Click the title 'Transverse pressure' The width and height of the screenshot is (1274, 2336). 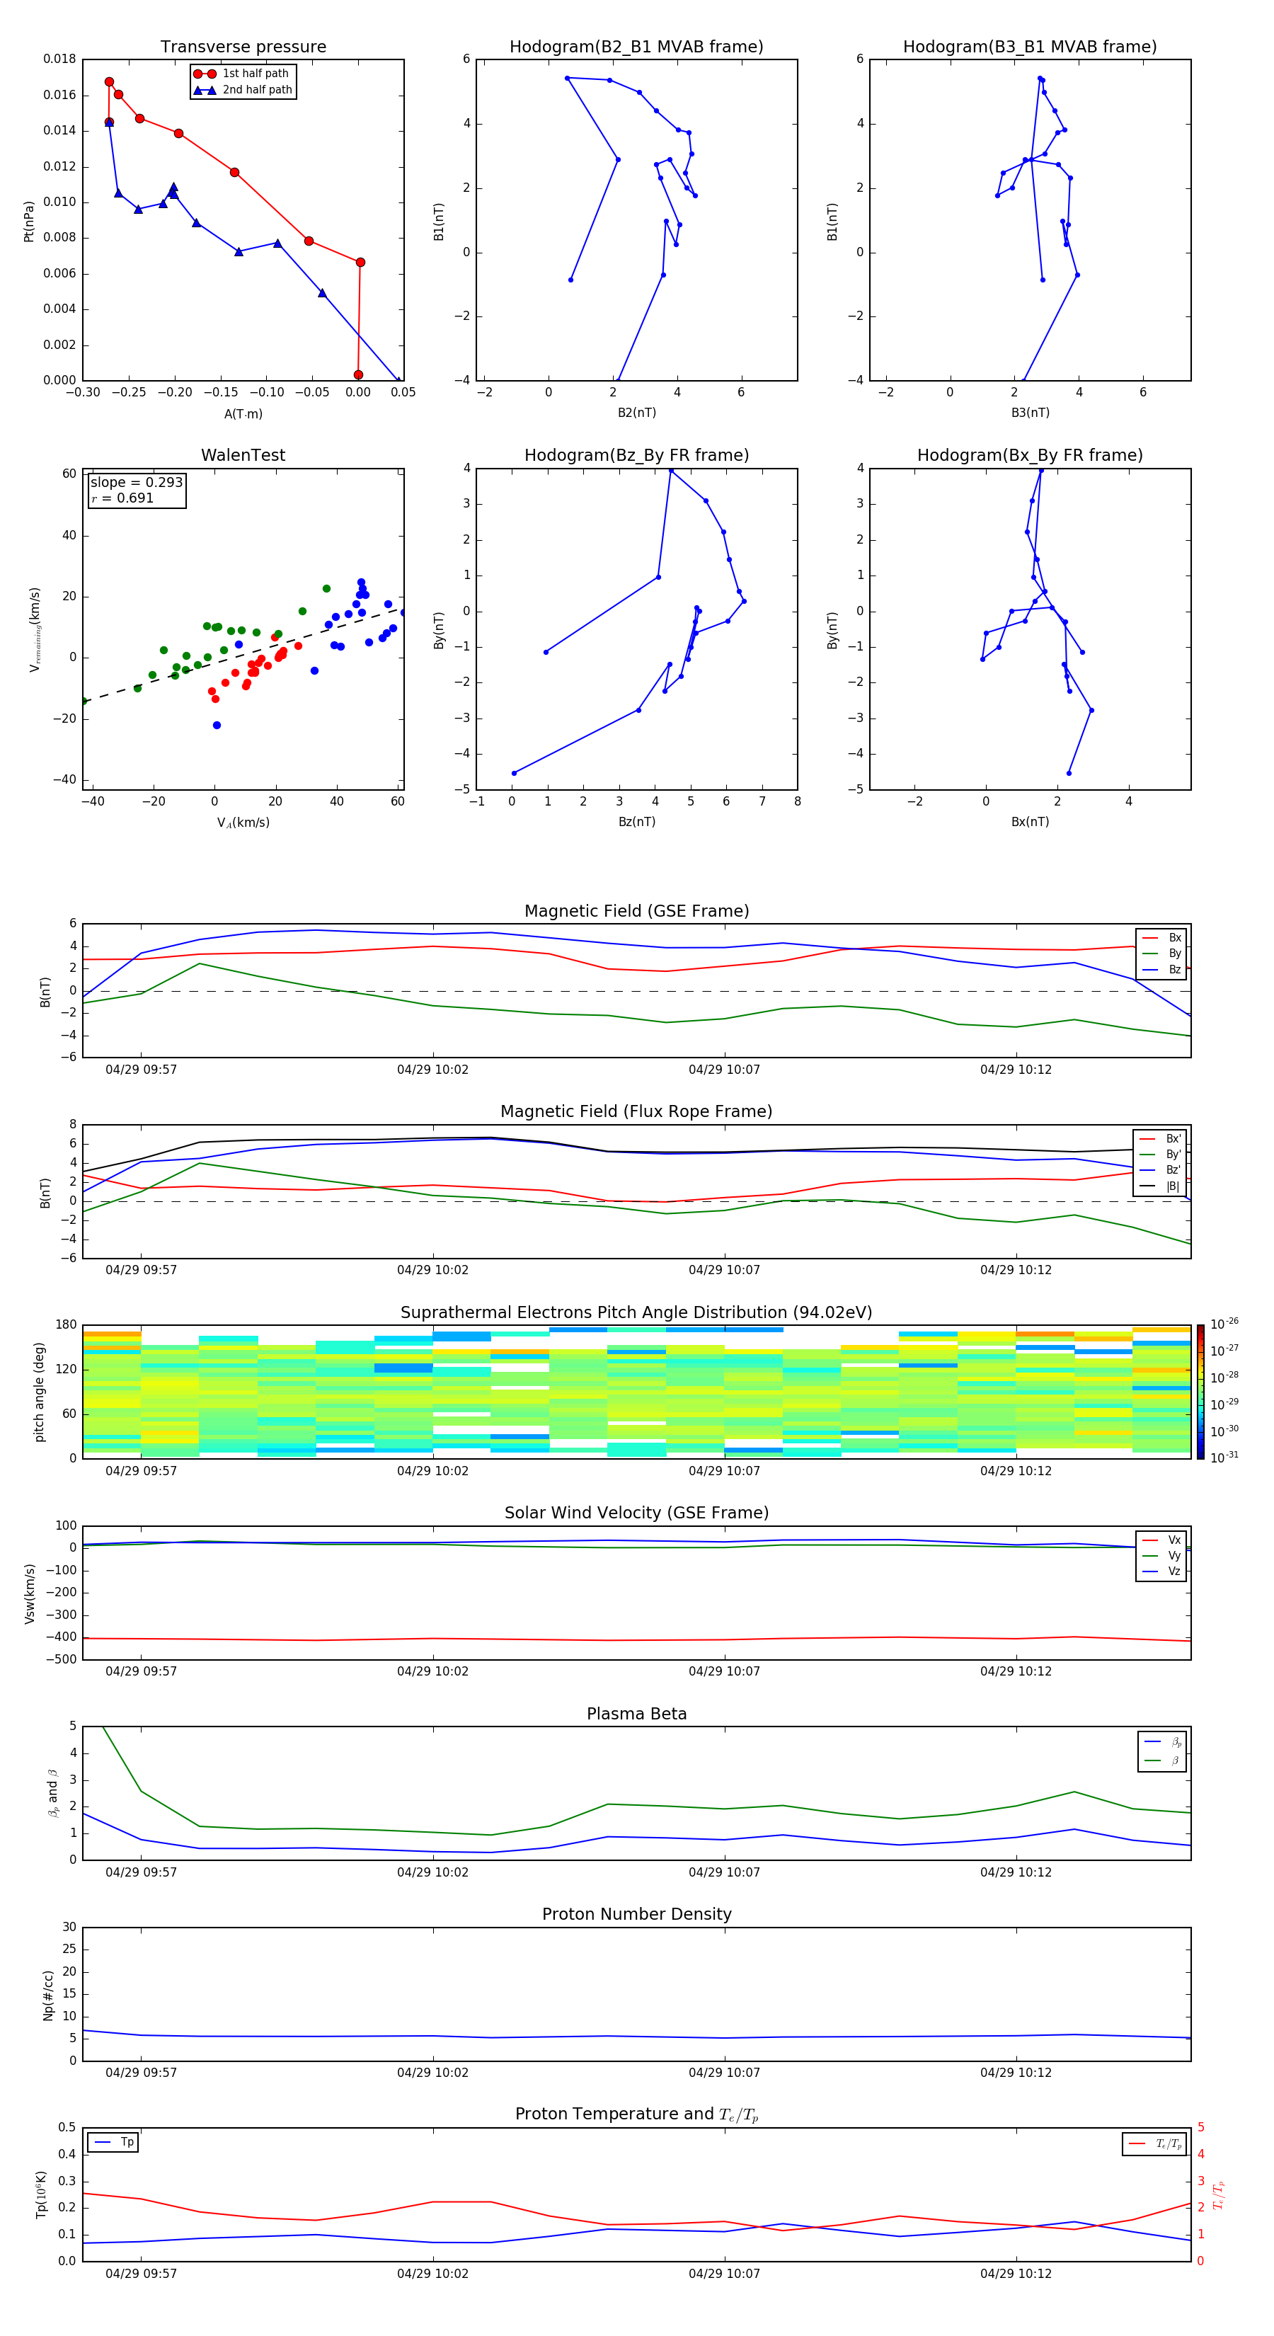(x=243, y=47)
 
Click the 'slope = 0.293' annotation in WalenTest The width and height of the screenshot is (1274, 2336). (x=136, y=483)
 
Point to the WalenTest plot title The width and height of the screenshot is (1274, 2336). (x=243, y=455)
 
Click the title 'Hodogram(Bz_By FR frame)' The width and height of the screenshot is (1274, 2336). (x=636, y=455)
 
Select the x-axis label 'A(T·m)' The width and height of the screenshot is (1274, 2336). (x=243, y=413)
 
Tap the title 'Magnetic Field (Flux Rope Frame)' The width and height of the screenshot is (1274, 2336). (x=636, y=1112)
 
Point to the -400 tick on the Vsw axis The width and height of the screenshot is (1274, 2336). (x=64, y=1638)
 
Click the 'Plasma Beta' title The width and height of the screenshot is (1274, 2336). (x=636, y=1714)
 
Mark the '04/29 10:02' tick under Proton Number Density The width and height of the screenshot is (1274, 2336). (x=432, y=2072)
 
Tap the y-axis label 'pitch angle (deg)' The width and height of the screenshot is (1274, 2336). (x=39, y=1392)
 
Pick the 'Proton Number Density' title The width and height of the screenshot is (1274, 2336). (x=636, y=1914)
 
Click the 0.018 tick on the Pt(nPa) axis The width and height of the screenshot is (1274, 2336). (x=60, y=60)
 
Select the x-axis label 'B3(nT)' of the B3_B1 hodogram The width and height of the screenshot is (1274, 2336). (x=1030, y=413)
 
